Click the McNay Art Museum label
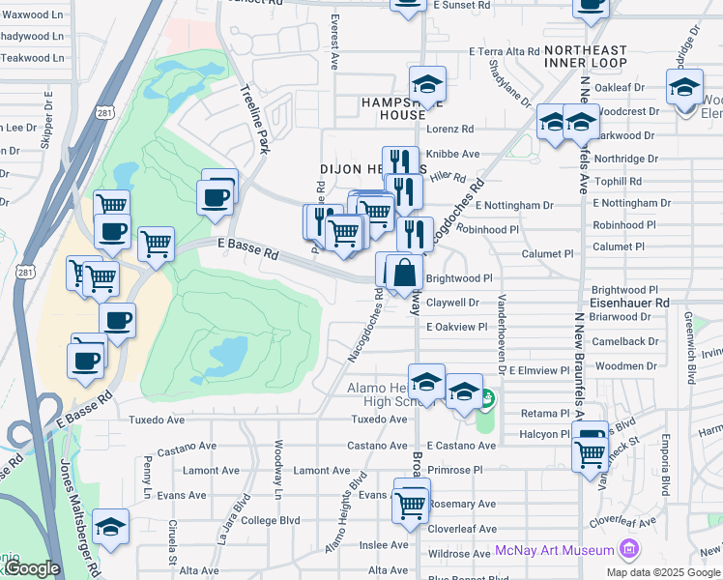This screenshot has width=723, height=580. tap(555, 550)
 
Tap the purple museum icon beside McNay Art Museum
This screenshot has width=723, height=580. tap(629, 550)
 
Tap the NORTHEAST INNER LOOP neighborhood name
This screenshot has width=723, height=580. tap(585, 56)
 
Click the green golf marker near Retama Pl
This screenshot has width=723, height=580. tap(487, 397)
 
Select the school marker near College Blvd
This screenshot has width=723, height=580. tap(111, 527)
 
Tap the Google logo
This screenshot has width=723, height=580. tap(32, 569)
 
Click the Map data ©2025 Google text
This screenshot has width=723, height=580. tap(663, 571)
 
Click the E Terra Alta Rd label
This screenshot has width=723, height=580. tap(503, 50)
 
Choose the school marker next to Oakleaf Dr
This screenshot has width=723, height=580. tap(684, 89)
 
